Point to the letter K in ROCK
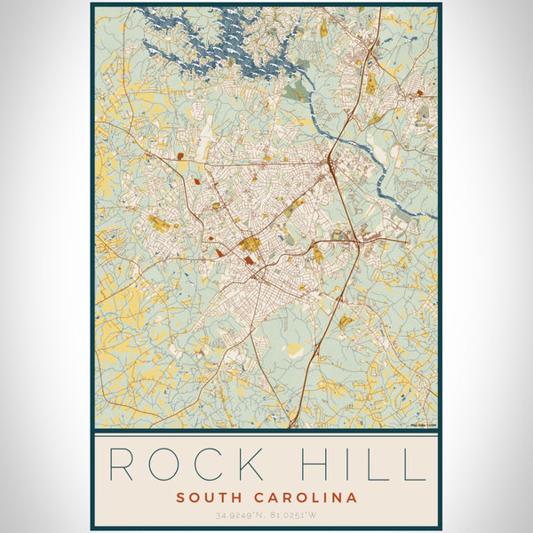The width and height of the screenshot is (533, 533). pos(271,465)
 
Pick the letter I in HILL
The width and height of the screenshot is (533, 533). pos(362,465)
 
